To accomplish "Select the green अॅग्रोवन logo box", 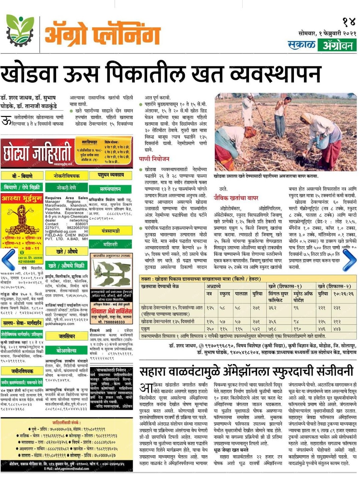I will tap(337, 45).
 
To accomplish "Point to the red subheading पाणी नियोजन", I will tap(154, 159).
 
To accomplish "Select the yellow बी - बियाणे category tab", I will tap(22, 176).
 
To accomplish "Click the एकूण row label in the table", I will tap(146, 329).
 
